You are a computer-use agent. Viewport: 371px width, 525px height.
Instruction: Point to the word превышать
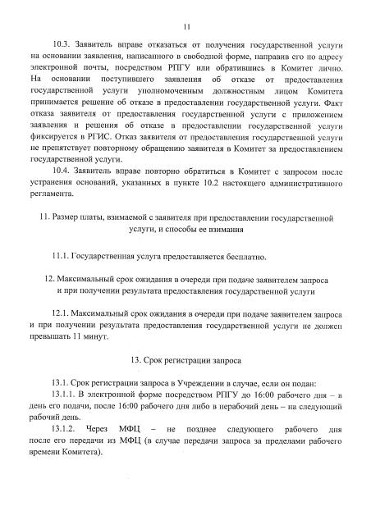[x=48, y=340]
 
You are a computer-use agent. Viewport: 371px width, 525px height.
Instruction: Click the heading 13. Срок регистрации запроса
[x=186, y=363]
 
